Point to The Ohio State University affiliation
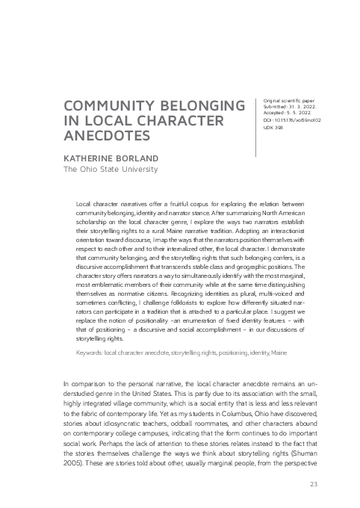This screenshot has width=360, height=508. coord(110,170)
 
